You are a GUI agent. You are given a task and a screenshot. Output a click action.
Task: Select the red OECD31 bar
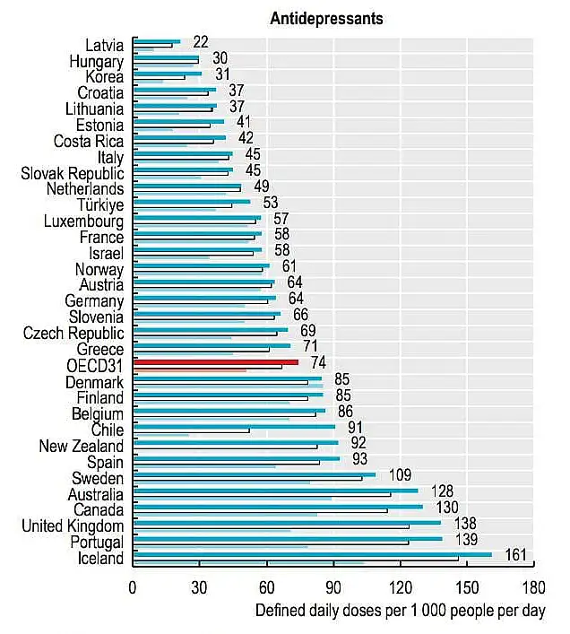click(x=215, y=362)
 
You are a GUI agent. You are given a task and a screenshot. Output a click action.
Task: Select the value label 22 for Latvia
click(x=200, y=41)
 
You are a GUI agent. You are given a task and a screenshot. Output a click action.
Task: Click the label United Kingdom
click(x=73, y=525)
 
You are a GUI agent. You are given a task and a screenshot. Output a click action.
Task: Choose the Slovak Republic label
click(x=73, y=173)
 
